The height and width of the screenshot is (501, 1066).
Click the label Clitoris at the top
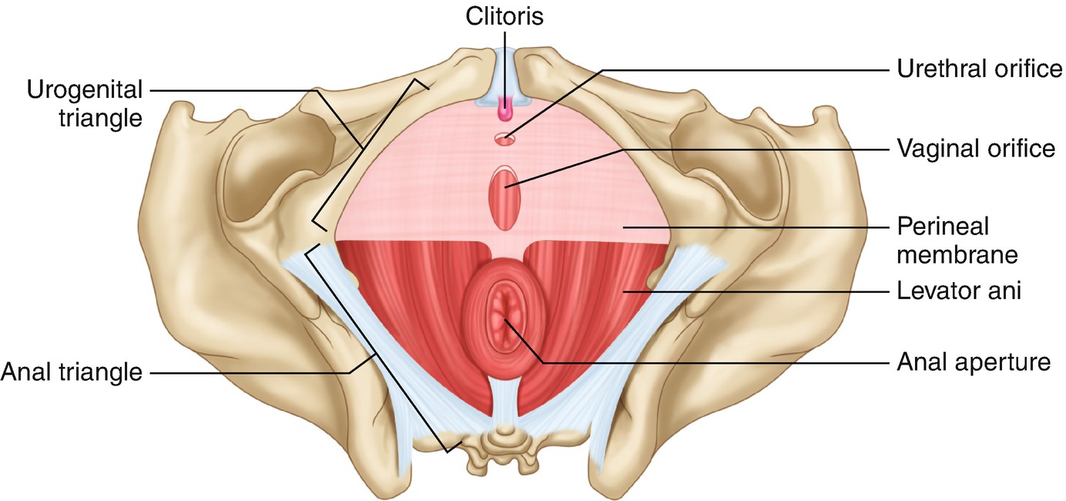[x=505, y=17]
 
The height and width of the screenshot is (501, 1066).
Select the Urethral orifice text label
[x=979, y=69]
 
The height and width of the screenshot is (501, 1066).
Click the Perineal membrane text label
[x=957, y=240]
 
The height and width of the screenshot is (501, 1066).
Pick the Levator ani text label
[x=959, y=291]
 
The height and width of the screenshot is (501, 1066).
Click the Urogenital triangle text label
[x=85, y=104]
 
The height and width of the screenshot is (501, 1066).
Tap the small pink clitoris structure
[x=505, y=113]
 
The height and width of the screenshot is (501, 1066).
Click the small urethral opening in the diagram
[x=505, y=140]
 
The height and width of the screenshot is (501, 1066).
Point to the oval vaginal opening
[x=505, y=199]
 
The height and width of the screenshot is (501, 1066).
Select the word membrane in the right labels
[x=957, y=254]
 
